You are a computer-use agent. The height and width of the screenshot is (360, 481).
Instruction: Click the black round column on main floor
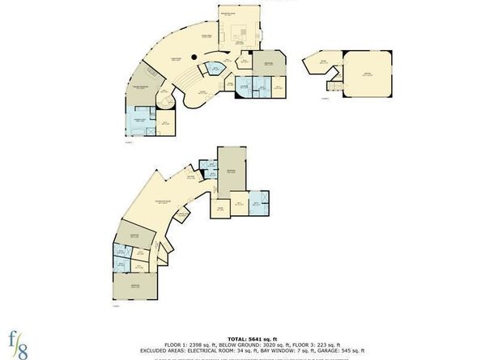[193, 56]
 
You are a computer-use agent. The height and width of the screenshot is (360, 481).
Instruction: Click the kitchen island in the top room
[240, 34]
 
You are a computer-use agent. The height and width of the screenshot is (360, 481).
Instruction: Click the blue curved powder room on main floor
[212, 70]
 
